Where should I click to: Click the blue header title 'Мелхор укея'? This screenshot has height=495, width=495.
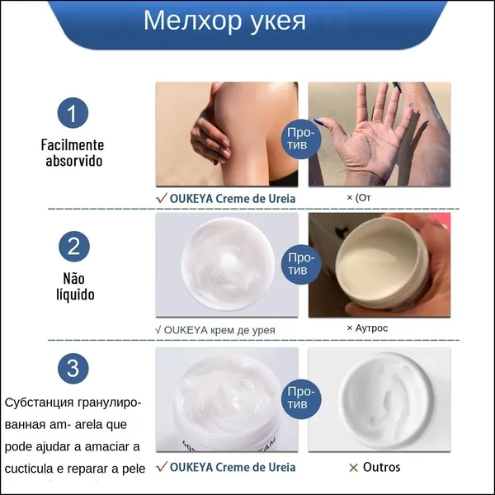click(224, 21)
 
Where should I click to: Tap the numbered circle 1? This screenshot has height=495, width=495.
click(73, 113)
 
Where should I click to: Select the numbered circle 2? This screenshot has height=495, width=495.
click(74, 246)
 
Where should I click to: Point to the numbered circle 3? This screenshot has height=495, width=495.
click(73, 368)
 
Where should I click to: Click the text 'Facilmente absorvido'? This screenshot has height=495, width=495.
click(73, 153)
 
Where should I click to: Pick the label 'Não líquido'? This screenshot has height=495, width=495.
click(75, 286)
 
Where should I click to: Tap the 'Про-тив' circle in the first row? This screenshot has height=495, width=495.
click(301, 139)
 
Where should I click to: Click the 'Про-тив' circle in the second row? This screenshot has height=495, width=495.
click(301, 264)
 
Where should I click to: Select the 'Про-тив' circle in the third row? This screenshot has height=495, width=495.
click(301, 398)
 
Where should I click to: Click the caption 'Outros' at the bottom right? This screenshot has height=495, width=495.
click(381, 467)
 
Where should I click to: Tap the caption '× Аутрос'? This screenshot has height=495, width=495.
click(367, 328)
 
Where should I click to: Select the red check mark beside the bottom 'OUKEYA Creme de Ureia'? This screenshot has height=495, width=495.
click(162, 467)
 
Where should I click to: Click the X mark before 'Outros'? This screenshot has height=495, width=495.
click(354, 468)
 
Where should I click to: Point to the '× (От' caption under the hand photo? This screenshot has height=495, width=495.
click(359, 198)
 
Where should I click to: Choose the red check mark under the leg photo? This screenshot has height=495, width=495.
click(162, 198)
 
